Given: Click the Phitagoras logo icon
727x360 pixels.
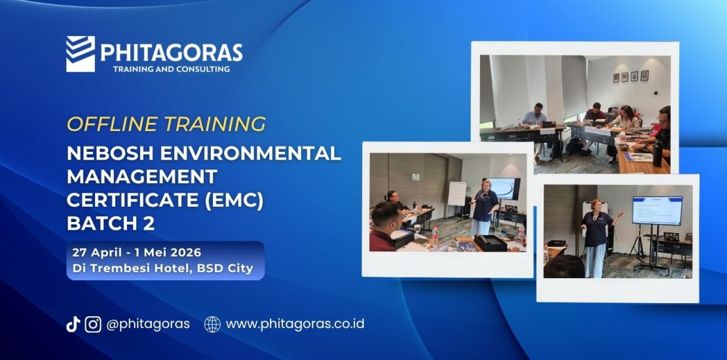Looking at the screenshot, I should click(x=81, y=53).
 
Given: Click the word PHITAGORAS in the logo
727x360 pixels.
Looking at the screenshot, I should click(x=171, y=52).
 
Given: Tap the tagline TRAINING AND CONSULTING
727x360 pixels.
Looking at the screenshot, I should click(x=171, y=69).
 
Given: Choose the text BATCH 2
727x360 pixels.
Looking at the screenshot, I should click(x=111, y=223).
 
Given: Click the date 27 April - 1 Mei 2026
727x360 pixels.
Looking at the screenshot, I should click(x=138, y=252).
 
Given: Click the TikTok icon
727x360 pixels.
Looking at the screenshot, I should click(x=73, y=324).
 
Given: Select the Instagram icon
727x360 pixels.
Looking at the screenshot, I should click(x=93, y=324).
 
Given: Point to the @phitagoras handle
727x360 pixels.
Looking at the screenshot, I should click(x=148, y=324).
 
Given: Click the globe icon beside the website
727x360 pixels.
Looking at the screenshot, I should click(x=212, y=324).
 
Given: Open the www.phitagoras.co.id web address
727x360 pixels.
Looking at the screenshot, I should click(x=295, y=324).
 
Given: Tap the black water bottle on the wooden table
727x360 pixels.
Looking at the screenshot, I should click(x=657, y=151).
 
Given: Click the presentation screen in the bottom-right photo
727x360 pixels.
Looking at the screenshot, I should click(x=656, y=210).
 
